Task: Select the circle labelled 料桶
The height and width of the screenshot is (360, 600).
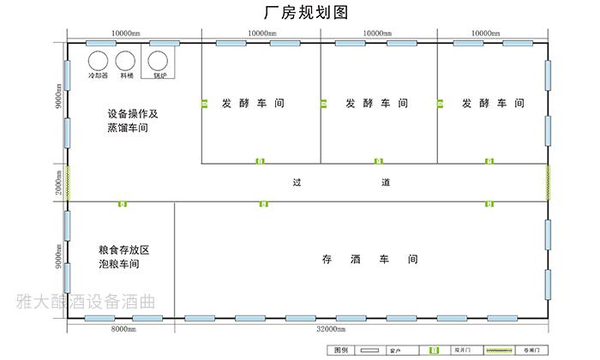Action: pyautogui.click(x=126, y=60)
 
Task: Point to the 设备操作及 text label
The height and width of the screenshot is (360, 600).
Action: pyautogui.click(x=134, y=113)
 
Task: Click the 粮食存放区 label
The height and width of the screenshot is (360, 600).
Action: pyautogui.click(x=123, y=249)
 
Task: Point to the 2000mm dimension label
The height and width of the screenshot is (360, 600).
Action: pyautogui.click(x=57, y=183)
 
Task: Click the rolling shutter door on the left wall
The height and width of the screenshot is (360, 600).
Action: pyautogui.click(x=68, y=183)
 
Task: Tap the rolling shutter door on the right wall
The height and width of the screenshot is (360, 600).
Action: pyautogui.click(x=549, y=183)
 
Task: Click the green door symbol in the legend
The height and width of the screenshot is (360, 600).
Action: pyautogui.click(x=434, y=351)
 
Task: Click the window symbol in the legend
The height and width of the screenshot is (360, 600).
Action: pyautogui.click(x=371, y=351)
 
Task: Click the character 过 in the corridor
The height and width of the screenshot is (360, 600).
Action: pyautogui.click(x=297, y=183)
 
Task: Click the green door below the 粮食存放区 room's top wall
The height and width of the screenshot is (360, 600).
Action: pyautogui.click(x=122, y=204)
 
